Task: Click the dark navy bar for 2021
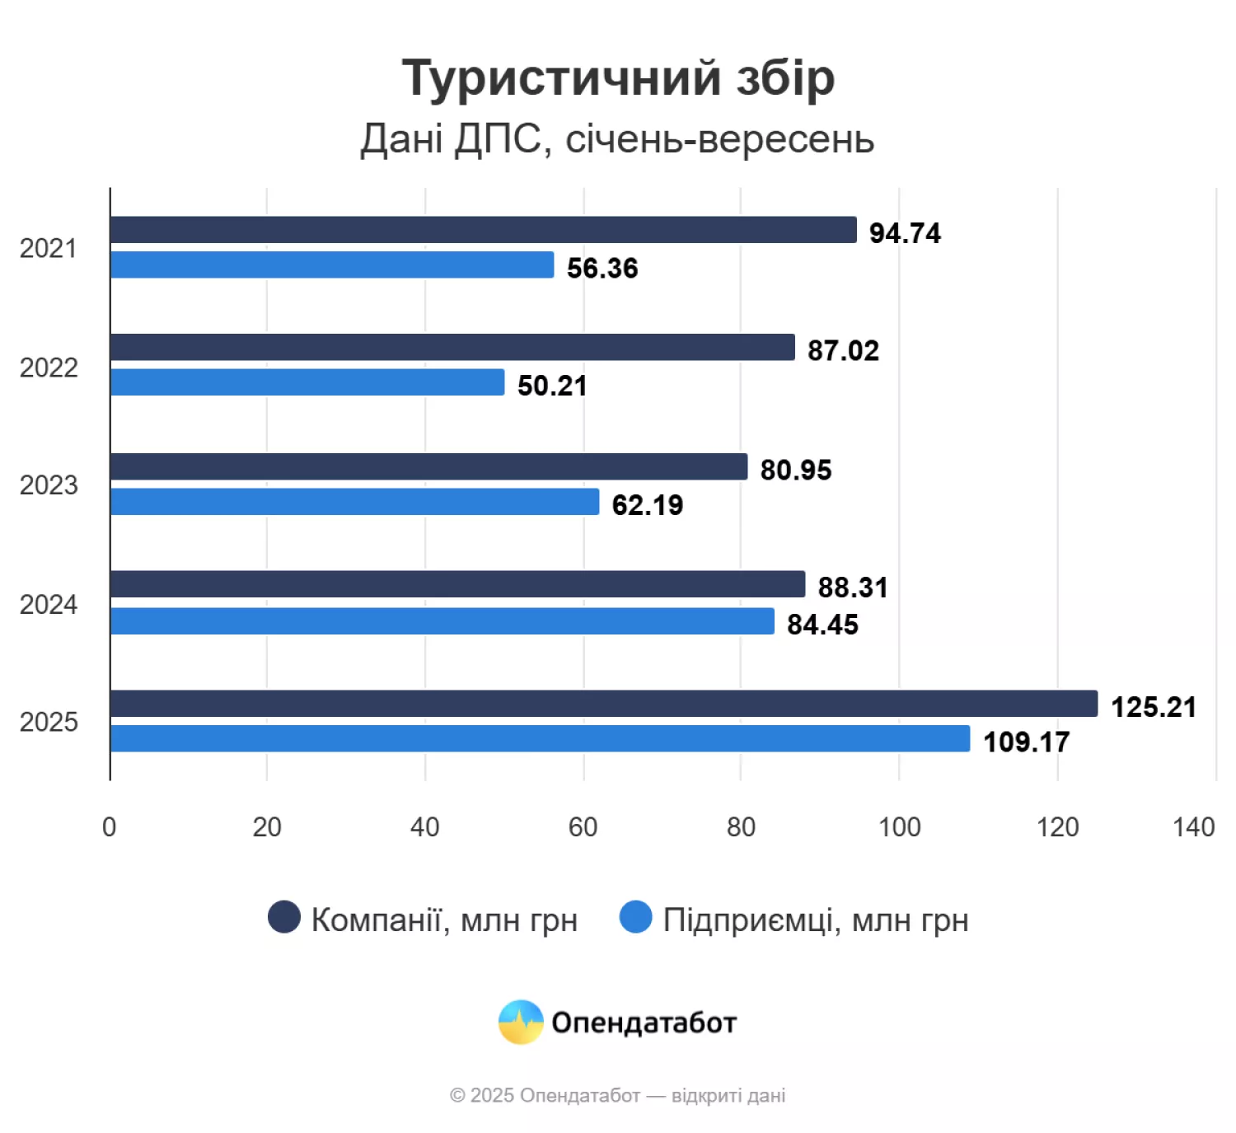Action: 483,230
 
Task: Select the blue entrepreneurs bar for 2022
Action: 307,382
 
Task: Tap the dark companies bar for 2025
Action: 603,704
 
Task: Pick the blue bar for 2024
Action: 442,621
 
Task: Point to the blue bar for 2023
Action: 354,502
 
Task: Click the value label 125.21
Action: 1153,707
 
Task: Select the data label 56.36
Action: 602,268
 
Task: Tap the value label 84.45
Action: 822,625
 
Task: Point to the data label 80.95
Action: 796,470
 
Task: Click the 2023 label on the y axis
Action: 49,485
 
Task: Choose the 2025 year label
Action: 49,722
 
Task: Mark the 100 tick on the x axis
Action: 899,826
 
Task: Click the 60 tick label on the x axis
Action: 583,826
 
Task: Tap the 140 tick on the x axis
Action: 1193,826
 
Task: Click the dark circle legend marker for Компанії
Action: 284,917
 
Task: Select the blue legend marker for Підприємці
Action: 635,917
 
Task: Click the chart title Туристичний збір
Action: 618,78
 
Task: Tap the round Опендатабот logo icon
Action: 521,1022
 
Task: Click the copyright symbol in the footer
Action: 457,1096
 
